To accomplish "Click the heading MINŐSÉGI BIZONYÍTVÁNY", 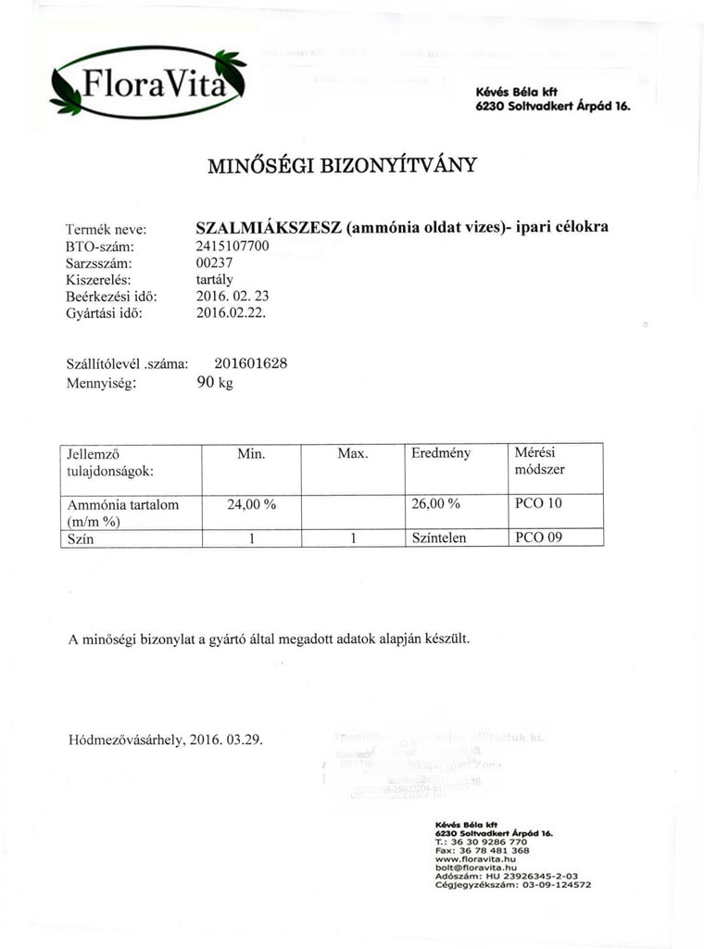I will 343,166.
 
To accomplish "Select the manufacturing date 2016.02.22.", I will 232,313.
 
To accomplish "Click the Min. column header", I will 251,454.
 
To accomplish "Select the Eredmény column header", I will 441,454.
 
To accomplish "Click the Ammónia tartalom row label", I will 123,505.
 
